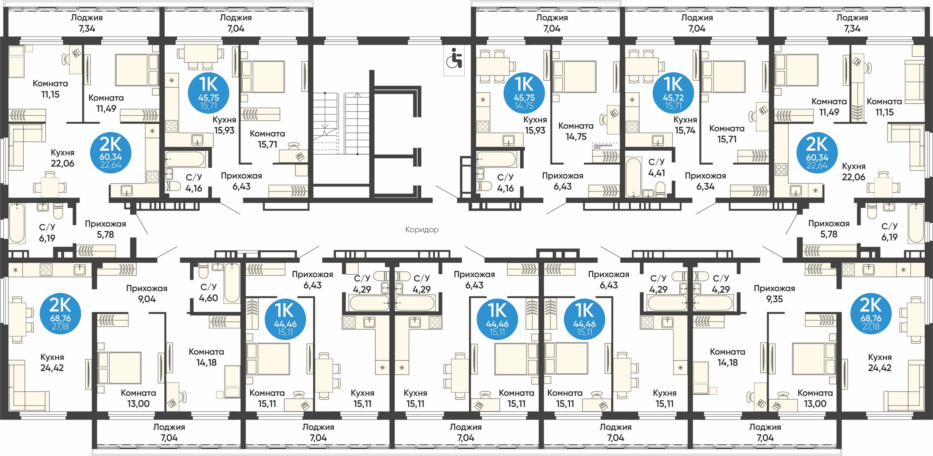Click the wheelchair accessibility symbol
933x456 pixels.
tap(454, 58)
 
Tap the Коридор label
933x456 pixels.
tap(422, 230)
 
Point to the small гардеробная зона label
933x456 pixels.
tap(603, 146)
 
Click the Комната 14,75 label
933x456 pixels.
tap(576, 131)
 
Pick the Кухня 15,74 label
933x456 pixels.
tap(685, 125)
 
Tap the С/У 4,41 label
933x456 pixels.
tap(656, 167)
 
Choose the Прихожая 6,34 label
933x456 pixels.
tap(705, 181)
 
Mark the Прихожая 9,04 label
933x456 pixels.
tap(147, 294)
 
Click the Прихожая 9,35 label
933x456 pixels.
tap(774, 294)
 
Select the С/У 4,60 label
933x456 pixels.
tap(208, 293)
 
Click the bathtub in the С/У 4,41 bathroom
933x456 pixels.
tap(633, 177)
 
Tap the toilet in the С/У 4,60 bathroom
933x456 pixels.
tap(203, 271)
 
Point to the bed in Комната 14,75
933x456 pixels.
tap(574, 77)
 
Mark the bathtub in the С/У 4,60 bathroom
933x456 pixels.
tap(232, 283)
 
